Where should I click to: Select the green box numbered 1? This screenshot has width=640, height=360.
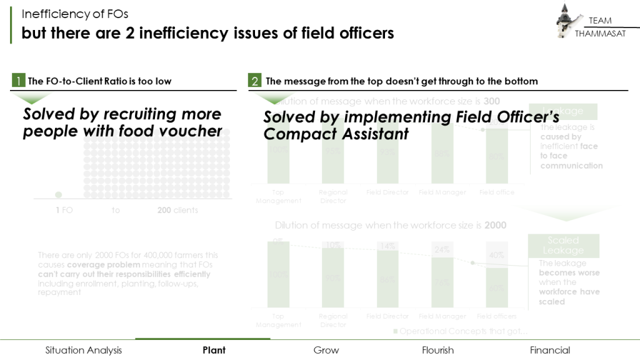[x=19, y=81]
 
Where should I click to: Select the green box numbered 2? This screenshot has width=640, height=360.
[x=254, y=81]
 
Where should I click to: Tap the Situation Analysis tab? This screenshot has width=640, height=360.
[x=84, y=350]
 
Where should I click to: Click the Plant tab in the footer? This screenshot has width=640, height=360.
[x=214, y=350]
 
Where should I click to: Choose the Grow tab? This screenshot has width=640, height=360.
[x=326, y=350]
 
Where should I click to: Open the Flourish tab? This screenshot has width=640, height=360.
[x=437, y=350]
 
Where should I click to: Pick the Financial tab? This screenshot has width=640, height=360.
[x=550, y=350]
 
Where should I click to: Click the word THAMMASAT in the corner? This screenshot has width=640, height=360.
[x=600, y=33]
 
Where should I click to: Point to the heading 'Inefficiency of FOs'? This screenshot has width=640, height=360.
[x=75, y=14]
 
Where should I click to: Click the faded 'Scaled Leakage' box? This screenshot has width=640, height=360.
[x=563, y=246]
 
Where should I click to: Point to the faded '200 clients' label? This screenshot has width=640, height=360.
[x=177, y=211]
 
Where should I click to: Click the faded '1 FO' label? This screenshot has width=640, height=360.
[x=64, y=211]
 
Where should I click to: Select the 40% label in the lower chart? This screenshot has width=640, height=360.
[x=497, y=255]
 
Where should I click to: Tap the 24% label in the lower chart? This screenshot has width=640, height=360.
[x=442, y=249]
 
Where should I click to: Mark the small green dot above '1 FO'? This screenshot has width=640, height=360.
[x=59, y=195]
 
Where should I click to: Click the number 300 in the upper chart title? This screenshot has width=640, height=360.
[x=491, y=101]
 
